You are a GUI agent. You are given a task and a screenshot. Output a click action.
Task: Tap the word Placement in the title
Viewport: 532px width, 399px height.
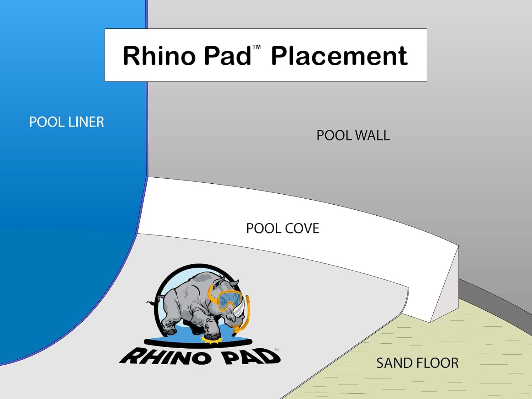(x=339, y=56)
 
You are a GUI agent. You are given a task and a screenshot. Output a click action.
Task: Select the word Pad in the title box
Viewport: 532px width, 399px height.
(x=227, y=56)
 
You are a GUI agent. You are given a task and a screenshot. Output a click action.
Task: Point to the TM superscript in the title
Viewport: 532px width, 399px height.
(x=256, y=47)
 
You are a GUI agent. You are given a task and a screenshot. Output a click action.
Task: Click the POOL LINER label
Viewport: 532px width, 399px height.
(x=66, y=122)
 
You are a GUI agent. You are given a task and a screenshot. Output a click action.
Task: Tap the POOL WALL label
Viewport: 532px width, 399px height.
(x=353, y=135)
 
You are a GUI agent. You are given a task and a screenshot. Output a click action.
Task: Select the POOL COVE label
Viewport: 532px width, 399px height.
(x=283, y=228)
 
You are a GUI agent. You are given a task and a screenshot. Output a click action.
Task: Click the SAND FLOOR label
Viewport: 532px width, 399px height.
(x=417, y=363)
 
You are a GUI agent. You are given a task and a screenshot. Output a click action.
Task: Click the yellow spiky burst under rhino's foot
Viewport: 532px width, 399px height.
(x=212, y=340)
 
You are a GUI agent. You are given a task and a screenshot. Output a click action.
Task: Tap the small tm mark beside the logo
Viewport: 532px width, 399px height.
(x=277, y=349)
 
